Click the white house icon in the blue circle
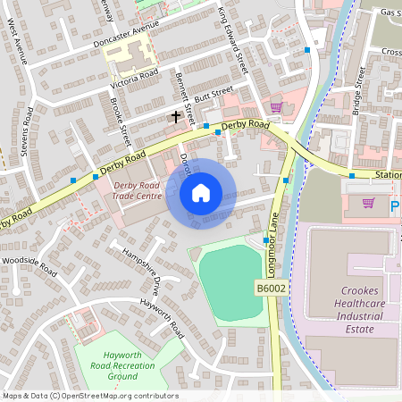201,192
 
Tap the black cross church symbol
176,116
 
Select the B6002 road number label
272,289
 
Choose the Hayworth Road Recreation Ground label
110,364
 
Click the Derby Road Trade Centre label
138,191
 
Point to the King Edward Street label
232,40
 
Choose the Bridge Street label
357,94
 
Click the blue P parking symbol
395,207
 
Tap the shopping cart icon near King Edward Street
276,107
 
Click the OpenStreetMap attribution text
89,396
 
